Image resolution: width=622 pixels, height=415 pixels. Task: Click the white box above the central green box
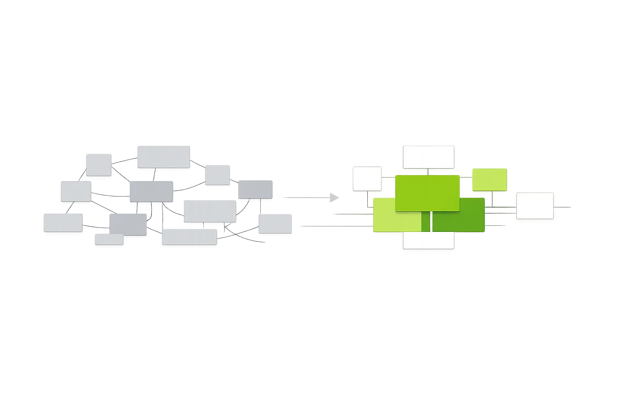428,157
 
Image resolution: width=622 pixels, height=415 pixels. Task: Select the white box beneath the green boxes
428,240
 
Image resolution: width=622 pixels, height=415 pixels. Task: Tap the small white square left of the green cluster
367,179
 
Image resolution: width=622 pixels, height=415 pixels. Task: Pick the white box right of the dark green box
535,206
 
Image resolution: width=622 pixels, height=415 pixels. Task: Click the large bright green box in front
427,193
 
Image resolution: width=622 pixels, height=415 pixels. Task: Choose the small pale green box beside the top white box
490,180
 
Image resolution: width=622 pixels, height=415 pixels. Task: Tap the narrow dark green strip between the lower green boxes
426,222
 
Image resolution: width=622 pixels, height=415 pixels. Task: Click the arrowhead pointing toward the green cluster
334,197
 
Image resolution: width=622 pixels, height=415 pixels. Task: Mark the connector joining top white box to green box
428,172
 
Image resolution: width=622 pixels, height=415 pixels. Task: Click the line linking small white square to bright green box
388,176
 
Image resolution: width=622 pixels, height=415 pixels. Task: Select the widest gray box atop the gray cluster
164,157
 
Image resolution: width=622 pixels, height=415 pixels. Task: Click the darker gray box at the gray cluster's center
151,192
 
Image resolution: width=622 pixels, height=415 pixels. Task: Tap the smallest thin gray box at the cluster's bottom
109,240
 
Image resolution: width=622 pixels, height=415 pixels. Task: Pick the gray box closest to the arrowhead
275,224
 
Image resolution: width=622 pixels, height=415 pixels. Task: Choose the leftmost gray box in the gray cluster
63,223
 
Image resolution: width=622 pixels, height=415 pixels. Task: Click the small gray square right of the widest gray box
217,175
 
